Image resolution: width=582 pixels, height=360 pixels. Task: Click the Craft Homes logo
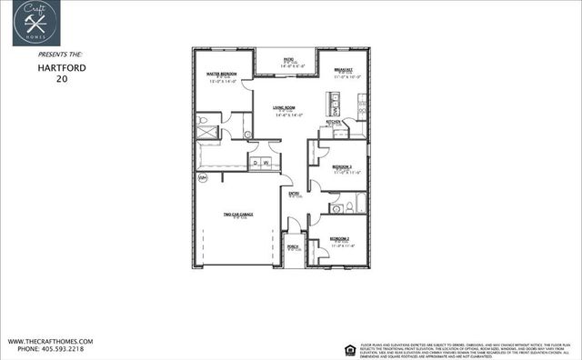(36, 23)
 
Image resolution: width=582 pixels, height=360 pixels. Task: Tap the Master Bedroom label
(222, 73)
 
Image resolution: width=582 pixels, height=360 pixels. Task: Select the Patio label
(286, 58)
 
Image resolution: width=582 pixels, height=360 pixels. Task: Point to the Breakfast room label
(343, 69)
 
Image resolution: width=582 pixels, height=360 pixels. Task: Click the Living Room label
(286, 109)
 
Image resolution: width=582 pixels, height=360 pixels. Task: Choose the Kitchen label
(334, 121)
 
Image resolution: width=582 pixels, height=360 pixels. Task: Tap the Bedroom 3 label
(341, 167)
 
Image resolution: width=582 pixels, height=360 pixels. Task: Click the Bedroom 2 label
(340, 239)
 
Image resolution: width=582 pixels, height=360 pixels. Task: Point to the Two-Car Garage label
(237, 215)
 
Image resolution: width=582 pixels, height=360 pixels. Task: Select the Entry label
(294, 194)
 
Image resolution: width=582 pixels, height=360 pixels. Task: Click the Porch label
(293, 246)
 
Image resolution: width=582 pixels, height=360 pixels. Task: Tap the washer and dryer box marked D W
(261, 162)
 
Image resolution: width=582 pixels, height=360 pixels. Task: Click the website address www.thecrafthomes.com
(51, 342)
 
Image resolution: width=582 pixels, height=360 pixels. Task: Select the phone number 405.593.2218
(51, 349)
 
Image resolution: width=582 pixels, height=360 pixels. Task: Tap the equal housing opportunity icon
(349, 347)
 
